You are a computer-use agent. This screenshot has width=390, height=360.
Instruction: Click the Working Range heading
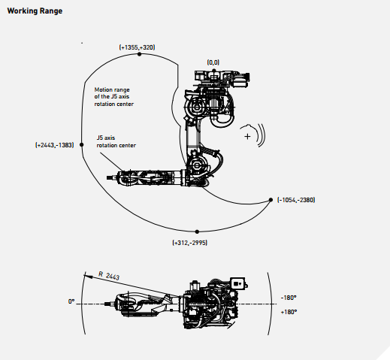(x=35, y=11)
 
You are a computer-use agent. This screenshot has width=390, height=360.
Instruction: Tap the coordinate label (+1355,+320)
(x=137, y=47)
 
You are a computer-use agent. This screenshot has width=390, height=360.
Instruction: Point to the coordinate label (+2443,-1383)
(x=55, y=145)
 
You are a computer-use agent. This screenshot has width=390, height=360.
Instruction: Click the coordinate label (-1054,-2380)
(x=296, y=200)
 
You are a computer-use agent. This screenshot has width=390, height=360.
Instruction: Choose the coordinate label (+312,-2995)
(x=190, y=243)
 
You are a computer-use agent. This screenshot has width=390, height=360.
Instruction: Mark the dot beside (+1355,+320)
(x=140, y=54)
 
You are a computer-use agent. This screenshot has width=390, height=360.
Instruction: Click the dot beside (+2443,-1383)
(x=81, y=144)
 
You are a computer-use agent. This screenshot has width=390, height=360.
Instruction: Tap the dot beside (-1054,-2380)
(x=271, y=200)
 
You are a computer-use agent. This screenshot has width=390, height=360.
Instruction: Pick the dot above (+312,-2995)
(x=197, y=231)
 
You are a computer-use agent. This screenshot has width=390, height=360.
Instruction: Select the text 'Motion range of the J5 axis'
(x=112, y=93)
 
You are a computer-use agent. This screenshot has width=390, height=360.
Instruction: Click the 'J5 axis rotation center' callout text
(x=116, y=141)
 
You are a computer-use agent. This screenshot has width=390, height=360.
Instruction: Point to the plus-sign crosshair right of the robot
(x=247, y=136)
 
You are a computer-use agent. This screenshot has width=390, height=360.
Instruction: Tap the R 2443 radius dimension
(x=109, y=275)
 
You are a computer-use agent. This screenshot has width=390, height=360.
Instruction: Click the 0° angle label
(x=71, y=301)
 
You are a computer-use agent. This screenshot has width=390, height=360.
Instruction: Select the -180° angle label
(x=289, y=298)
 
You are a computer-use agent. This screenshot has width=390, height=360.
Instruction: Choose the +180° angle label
(x=289, y=312)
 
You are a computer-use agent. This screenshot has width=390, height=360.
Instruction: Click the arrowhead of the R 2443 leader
(x=86, y=276)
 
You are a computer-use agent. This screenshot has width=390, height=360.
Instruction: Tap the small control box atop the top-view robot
(x=237, y=283)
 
